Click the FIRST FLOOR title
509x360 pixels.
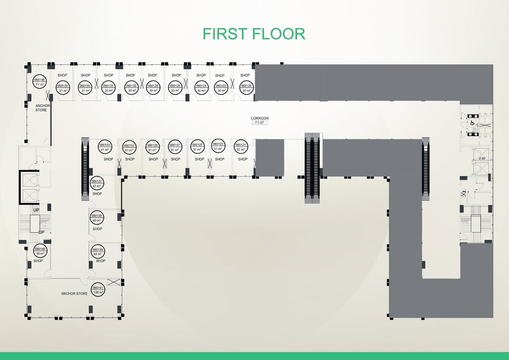(x=254, y=34)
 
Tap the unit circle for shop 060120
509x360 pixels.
(x=247, y=88)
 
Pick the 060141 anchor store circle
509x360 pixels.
(x=98, y=290)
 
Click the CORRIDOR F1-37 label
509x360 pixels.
(x=260, y=120)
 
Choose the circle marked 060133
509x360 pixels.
(x=105, y=147)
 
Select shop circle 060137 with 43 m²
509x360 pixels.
(x=97, y=183)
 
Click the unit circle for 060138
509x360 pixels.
(x=97, y=217)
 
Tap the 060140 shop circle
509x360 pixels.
(x=39, y=251)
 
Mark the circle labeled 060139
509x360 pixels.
(x=98, y=251)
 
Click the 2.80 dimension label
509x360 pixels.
(x=481, y=159)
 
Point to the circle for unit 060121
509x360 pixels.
(x=240, y=147)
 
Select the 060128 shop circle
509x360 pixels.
(x=153, y=88)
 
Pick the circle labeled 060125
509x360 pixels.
(x=197, y=147)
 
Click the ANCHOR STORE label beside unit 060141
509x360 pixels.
(x=74, y=294)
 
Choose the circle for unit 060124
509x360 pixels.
(x=202, y=88)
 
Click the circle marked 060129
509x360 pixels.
(x=152, y=147)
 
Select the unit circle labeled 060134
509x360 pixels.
(x=85, y=88)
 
